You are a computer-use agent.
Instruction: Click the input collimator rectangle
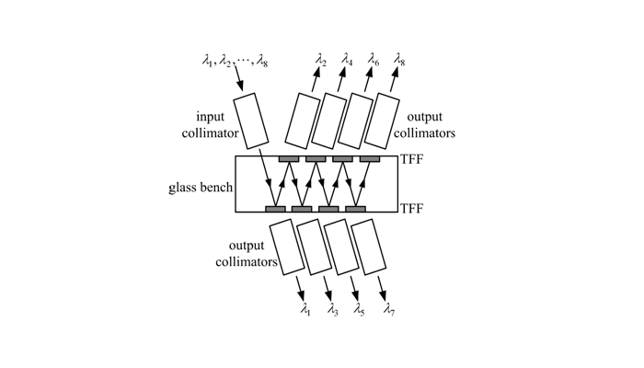tap(251, 121)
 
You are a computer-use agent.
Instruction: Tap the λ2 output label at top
tap(321, 60)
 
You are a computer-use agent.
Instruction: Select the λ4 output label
tap(347, 60)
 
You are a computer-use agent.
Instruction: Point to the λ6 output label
tap(374, 60)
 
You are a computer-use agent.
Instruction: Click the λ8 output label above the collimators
tap(399, 60)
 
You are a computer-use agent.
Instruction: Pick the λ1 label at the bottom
tap(305, 309)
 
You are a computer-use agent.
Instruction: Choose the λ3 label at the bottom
tap(332, 309)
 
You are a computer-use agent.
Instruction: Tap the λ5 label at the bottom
tap(359, 309)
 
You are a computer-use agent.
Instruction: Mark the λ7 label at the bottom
tap(389, 309)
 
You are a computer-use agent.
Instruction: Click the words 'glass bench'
tap(201, 188)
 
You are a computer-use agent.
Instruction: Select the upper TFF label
tap(411, 159)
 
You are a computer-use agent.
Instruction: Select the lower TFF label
tap(411, 209)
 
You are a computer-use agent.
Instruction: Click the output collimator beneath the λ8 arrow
tap(382, 121)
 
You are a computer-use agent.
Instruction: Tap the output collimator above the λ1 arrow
tap(287, 247)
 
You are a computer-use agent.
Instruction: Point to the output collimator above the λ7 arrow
tap(368, 247)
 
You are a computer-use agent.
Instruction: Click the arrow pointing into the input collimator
tap(238, 78)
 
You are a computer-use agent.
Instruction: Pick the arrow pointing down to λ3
tap(328, 289)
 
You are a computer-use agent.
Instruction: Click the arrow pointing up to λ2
tap(316, 79)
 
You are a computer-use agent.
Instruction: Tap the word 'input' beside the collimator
tap(211, 117)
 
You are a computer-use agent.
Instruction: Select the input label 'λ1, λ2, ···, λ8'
tap(235, 61)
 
